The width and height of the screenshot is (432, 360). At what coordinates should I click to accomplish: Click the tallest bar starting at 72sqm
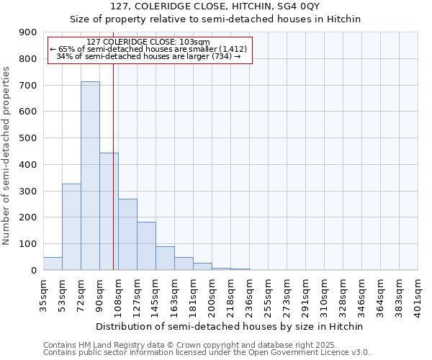(90, 176)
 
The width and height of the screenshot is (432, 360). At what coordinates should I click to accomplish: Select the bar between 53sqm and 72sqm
(71, 227)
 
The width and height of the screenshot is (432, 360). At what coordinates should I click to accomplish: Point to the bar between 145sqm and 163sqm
(165, 258)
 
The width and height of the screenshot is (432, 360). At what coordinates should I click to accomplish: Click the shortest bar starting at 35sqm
(53, 264)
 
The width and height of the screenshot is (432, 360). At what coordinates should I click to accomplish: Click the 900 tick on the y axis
(29, 32)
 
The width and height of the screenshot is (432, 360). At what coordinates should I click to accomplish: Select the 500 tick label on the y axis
(29, 138)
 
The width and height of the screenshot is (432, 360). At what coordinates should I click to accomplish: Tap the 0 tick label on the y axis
(34, 270)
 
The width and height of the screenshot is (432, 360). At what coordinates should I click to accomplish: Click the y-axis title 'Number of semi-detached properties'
(7, 155)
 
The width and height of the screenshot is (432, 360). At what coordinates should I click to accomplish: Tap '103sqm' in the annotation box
(194, 42)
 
